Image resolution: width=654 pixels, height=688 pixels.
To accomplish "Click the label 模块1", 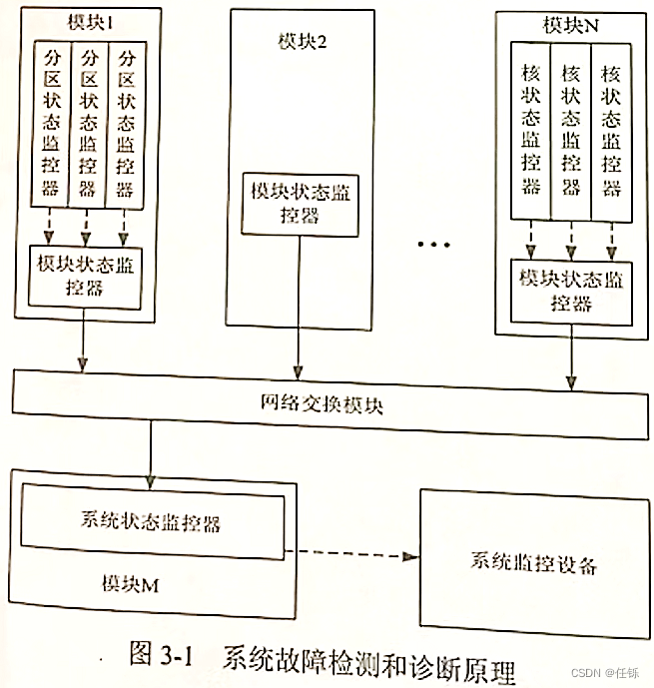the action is [x=90, y=22].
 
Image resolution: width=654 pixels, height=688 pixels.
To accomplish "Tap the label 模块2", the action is [x=303, y=42].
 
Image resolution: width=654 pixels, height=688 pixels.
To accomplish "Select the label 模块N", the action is [x=571, y=25].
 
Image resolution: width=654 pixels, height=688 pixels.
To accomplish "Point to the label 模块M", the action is [x=130, y=584].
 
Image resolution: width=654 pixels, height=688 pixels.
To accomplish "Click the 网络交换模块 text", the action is [x=322, y=404].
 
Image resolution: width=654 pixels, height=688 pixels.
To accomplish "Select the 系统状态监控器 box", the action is [x=153, y=521].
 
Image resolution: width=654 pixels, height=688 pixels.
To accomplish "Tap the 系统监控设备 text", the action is [x=534, y=563].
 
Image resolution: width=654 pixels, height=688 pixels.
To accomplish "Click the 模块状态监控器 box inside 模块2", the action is [x=301, y=205].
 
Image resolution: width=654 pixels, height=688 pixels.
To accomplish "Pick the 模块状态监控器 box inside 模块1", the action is [x=85, y=277].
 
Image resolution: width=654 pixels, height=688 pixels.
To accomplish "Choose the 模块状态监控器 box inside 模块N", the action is [x=571, y=293].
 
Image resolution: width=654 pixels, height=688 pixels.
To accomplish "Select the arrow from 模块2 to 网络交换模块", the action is [x=299, y=308].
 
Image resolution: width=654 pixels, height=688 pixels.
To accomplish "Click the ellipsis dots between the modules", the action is [x=433, y=244].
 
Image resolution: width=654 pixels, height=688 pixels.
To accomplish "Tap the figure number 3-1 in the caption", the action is [x=177, y=656].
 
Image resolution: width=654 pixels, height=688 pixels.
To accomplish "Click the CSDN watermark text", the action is [x=605, y=673].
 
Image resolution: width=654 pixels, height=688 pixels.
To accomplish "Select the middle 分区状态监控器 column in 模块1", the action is [x=88, y=124].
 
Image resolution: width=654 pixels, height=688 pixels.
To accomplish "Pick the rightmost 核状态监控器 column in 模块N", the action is [x=611, y=132].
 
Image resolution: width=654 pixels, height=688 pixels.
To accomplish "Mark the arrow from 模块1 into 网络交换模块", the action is [x=83, y=341].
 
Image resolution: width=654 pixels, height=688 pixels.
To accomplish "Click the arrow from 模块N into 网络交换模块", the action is [x=571, y=357].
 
